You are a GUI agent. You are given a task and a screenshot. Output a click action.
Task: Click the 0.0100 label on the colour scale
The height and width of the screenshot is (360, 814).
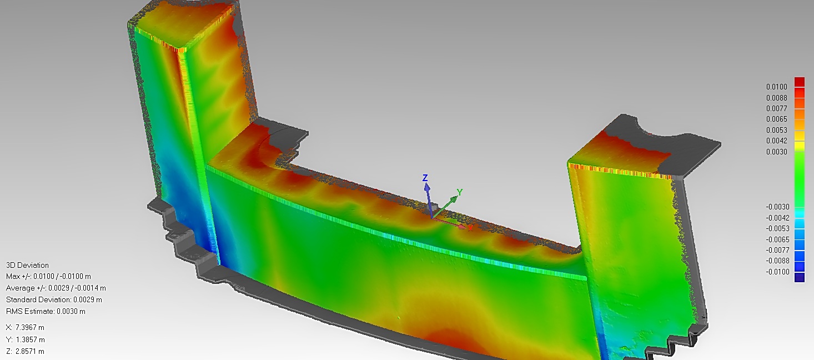(x=776, y=87)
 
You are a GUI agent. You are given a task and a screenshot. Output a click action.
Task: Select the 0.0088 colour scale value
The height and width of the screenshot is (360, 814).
(x=776, y=98)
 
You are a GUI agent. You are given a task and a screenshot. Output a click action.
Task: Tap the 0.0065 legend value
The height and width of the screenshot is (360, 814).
(x=776, y=119)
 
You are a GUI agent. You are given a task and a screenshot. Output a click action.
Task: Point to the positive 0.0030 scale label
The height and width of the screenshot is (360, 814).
(x=776, y=151)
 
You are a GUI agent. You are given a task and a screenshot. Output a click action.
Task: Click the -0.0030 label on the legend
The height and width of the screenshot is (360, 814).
(x=777, y=207)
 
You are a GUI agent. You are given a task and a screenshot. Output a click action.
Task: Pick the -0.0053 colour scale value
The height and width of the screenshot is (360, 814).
(x=777, y=228)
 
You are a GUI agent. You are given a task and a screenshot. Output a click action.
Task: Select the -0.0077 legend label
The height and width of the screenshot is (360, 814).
(x=777, y=250)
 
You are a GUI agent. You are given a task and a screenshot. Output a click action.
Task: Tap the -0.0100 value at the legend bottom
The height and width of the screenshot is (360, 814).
(x=777, y=272)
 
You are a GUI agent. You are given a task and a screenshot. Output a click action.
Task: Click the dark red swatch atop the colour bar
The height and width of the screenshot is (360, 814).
(x=800, y=82)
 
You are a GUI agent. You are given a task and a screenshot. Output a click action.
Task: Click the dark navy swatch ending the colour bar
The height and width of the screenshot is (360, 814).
(x=800, y=278)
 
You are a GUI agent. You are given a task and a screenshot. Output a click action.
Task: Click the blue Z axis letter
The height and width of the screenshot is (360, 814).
(x=425, y=178)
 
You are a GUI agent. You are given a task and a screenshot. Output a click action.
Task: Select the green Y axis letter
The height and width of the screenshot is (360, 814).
(x=460, y=193)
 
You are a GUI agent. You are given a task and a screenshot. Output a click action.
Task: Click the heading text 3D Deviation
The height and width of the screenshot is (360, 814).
(x=27, y=265)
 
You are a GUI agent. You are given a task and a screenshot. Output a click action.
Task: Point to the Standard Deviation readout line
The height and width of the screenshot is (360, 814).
(x=54, y=299)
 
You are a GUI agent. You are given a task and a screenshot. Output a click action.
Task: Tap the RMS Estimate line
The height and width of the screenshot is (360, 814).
(x=46, y=311)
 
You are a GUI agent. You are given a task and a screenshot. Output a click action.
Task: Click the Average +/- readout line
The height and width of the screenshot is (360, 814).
(x=56, y=288)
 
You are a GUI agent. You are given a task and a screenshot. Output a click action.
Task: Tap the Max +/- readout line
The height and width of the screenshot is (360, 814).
(x=48, y=276)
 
